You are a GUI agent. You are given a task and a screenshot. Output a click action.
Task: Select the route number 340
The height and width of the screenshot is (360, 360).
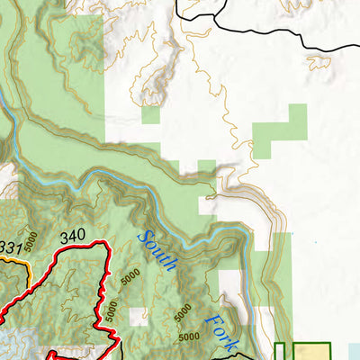[72, 237]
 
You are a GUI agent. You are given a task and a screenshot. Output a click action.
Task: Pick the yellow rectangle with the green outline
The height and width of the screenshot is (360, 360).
[311, 352]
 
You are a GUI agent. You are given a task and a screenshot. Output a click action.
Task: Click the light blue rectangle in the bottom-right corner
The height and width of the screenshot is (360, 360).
[353, 352]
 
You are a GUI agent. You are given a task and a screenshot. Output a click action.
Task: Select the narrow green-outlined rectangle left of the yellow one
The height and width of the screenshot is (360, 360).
[280, 352]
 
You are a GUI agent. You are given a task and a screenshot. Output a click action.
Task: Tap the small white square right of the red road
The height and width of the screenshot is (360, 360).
[136, 316]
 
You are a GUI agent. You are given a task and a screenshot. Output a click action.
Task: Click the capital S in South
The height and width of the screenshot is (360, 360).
[142, 239]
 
